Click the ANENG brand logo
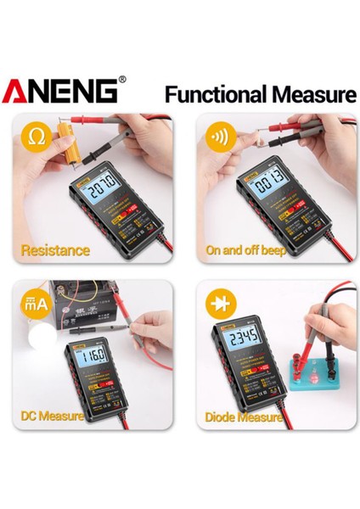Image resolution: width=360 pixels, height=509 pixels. (x=61, y=92)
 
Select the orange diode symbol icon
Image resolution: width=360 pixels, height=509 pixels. (x=219, y=303)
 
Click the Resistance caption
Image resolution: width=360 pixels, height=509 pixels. (x=54, y=250)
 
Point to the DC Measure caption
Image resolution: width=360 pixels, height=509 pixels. (x=52, y=417)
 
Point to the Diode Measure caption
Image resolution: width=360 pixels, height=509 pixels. (x=243, y=417)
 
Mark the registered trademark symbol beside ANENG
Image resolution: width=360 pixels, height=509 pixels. (x=123, y=80)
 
